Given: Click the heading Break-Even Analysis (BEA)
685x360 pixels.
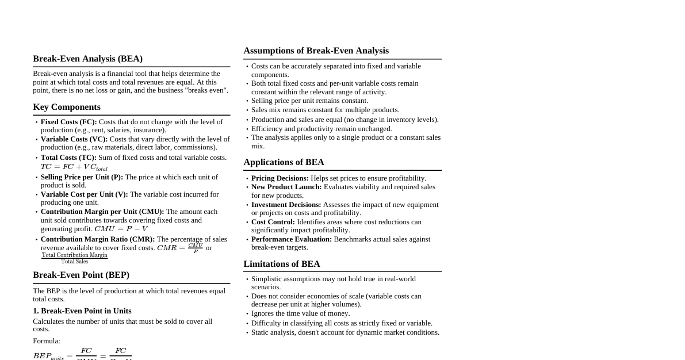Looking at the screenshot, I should pos(87,59).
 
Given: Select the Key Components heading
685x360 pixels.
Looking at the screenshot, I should pos(67,107).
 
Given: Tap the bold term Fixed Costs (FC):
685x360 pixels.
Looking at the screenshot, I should pos(68,122).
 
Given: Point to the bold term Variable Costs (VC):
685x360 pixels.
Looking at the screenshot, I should pos(74,139).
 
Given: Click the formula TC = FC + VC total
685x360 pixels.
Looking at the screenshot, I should pos(74,167).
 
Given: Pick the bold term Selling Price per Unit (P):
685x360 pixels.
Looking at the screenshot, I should pos(82,177).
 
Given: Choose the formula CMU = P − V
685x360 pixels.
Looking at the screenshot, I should pos(121,229).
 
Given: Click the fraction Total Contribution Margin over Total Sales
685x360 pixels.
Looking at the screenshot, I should pos(74,258).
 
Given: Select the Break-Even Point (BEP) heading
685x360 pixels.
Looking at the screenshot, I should pos(81,275).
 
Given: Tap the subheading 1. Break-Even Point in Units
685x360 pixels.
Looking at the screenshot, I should pos(82,311).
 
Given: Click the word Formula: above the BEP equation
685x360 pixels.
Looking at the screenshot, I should pos(47,341).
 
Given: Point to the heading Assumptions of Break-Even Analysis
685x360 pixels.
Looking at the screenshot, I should pos(316,51).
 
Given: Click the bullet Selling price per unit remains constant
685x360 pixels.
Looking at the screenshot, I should pos(309,101).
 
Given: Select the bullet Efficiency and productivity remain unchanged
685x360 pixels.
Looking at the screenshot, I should pos(322,129).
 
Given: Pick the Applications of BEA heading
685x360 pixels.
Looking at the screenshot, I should pos(284,162).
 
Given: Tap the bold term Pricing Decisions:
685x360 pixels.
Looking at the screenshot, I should pos(280,178).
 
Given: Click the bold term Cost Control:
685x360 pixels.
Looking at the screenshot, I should pos(273,222).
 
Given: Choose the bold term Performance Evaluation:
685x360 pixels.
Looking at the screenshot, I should pos(292,239).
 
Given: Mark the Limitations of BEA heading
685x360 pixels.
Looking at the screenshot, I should pos(282,264).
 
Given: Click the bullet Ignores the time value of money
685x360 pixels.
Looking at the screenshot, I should pos(300,313).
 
